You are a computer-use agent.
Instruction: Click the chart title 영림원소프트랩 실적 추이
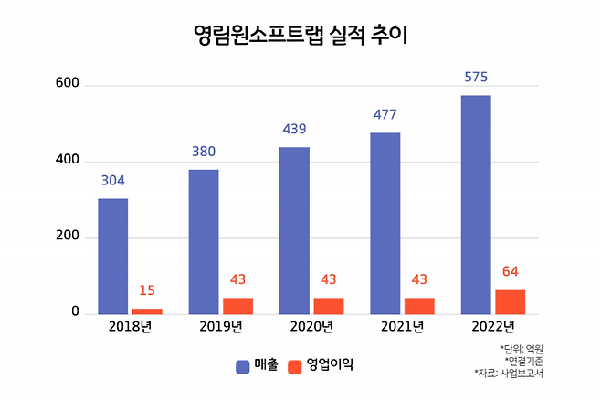[x=300, y=37]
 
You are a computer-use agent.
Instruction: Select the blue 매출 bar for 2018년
[x=113, y=257]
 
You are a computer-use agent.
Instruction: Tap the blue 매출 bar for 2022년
[x=476, y=205]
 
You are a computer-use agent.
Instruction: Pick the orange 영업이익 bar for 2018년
[x=147, y=311]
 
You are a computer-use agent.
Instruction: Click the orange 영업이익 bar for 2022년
[x=511, y=302]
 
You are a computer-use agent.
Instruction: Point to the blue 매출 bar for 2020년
[x=294, y=231]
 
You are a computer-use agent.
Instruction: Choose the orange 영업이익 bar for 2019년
[x=237, y=306]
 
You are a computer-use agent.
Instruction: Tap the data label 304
[x=113, y=180]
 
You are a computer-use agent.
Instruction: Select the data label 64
[x=511, y=271]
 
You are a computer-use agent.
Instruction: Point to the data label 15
[x=147, y=290]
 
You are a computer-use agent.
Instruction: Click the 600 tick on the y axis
[x=69, y=85]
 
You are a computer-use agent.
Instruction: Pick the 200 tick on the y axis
[x=69, y=237]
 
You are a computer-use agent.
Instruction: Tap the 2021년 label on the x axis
[x=402, y=327]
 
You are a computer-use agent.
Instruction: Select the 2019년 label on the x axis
[x=221, y=327]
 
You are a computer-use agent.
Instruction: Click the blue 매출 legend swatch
[x=243, y=365]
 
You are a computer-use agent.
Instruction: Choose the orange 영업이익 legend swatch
[x=294, y=365]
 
